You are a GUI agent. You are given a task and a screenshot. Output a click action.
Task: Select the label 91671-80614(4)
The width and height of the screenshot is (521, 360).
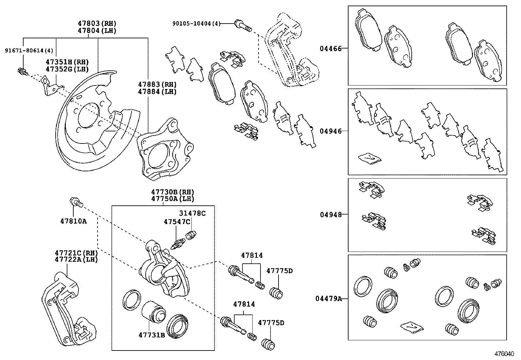click(x=29, y=50)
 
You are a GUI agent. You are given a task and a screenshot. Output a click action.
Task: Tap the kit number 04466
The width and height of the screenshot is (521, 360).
click(x=331, y=48)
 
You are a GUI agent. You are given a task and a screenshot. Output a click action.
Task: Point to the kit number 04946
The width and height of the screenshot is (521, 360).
click(x=331, y=131)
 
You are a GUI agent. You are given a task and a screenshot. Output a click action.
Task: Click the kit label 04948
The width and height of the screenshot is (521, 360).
click(x=331, y=215)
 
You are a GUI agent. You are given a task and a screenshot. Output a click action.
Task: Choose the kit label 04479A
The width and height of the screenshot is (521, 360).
click(x=329, y=298)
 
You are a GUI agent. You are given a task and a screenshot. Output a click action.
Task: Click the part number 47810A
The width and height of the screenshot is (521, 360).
click(x=73, y=221)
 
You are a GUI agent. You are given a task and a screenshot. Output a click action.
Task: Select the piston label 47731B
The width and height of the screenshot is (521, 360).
click(x=152, y=335)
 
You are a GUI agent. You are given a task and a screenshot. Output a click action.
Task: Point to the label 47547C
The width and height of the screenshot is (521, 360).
click(x=177, y=222)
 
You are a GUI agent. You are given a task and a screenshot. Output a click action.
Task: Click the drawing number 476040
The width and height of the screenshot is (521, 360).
click(x=504, y=354)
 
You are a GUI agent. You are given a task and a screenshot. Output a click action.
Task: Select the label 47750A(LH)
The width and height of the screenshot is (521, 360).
click(x=172, y=199)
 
